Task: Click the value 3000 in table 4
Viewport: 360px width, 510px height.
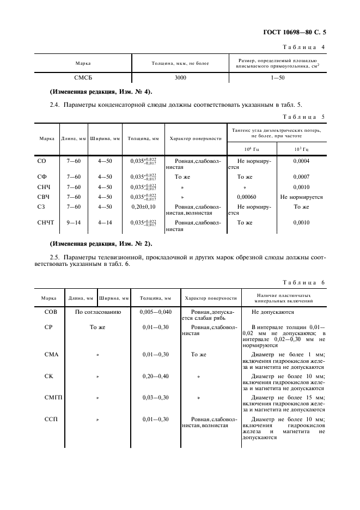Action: point(180,78)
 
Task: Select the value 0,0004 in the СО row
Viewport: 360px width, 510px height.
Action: point(301,161)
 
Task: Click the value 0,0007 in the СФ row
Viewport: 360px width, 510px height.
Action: point(301,177)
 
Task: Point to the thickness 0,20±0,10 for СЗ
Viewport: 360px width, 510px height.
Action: point(143,207)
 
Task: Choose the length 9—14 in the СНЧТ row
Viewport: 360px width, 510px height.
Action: point(74,222)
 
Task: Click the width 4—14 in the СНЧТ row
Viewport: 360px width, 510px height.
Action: point(105,222)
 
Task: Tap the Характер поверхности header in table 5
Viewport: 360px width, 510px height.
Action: point(196,138)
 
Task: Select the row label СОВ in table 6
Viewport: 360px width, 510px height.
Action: point(50,312)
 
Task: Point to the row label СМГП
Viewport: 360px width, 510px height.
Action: point(53,398)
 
